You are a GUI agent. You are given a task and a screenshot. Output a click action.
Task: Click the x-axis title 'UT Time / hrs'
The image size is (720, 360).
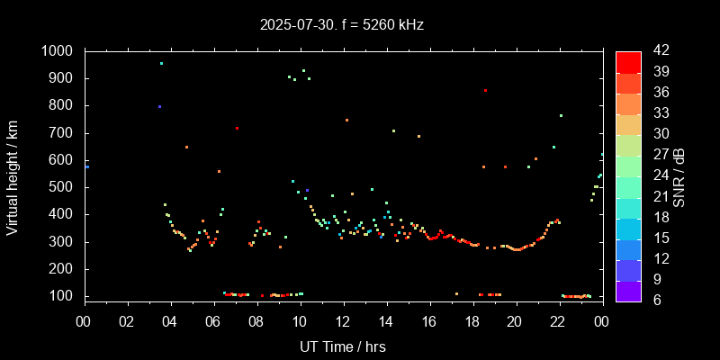coord(343,346)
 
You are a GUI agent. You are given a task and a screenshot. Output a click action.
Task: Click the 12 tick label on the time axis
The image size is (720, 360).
coord(343,321)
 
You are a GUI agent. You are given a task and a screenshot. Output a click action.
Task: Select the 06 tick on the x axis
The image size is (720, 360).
coord(213,321)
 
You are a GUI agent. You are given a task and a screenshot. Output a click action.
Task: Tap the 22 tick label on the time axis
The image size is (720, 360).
coord(559,321)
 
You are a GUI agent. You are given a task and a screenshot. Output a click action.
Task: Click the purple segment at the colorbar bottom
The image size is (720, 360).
coord(627,290)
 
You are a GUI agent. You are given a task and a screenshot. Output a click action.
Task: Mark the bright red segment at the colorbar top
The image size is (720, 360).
coord(627,61)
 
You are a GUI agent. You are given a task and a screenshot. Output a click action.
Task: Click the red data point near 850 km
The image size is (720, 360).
coord(485,91)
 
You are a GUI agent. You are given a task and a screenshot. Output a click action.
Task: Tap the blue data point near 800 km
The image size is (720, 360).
coord(159,106)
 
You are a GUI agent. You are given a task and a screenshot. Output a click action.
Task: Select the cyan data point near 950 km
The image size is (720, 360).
coord(161,63)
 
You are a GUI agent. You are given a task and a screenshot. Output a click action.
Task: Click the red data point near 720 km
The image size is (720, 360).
coord(237,128)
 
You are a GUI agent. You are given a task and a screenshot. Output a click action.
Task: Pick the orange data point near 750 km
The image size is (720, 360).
coord(346,120)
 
